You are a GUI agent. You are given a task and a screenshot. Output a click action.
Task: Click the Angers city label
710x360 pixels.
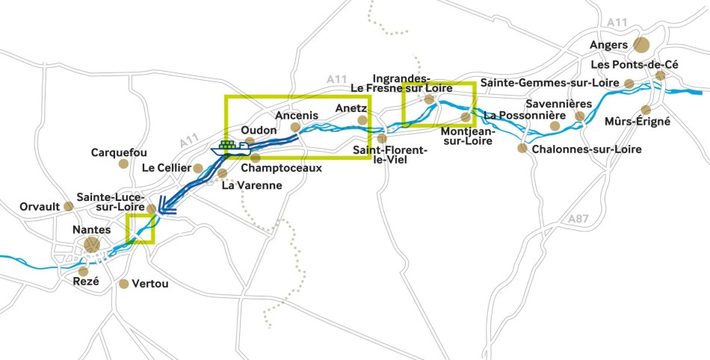[x=608, y=46]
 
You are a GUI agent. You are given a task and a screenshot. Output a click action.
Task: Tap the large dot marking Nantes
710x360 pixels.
[x=91, y=244]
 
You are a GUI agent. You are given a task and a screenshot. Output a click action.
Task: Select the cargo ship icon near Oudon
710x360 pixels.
[x=230, y=148]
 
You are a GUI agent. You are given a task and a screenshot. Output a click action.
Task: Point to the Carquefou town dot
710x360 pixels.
[x=123, y=164]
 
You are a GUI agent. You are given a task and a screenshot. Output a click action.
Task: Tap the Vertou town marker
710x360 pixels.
[x=124, y=284]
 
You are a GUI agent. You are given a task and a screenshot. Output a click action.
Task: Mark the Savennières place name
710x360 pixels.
[x=548, y=104]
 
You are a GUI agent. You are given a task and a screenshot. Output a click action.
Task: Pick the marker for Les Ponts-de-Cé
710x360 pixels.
[x=661, y=75]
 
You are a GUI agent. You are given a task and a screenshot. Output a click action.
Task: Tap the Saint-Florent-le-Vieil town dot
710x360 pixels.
[x=382, y=138]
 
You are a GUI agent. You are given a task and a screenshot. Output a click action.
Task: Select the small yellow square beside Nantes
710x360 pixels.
[x=140, y=229]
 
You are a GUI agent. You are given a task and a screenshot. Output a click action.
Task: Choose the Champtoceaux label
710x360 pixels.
[x=281, y=168]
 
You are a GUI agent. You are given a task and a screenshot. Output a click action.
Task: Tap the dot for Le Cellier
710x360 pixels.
[x=198, y=168]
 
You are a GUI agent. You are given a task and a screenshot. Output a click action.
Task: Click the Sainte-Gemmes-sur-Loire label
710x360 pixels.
[x=550, y=82]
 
